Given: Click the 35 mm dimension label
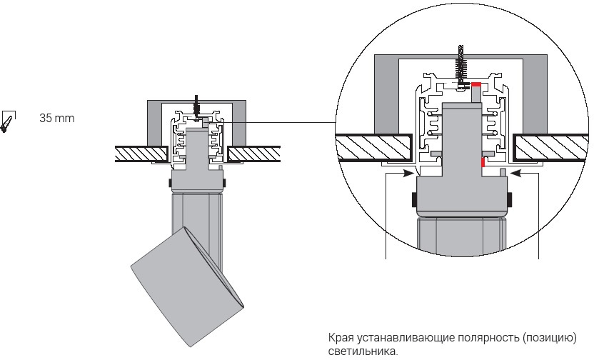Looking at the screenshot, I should pyautogui.click(x=57, y=117).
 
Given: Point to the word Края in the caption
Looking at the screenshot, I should pyautogui.click(x=340, y=337).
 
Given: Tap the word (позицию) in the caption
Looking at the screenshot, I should pyautogui.click(x=549, y=337).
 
